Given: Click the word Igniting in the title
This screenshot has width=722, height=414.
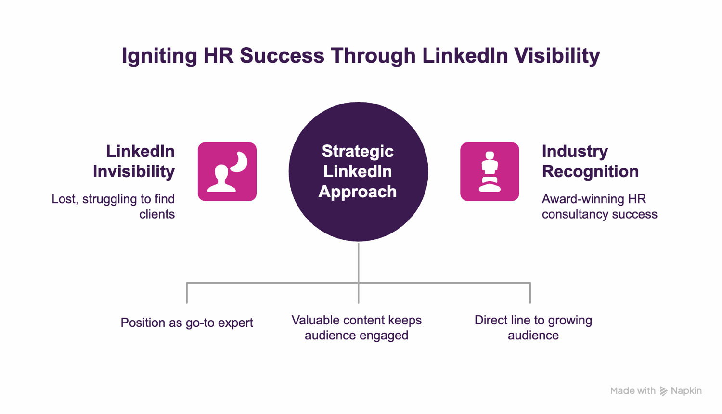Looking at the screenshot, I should pyautogui.click(x=159, y=56).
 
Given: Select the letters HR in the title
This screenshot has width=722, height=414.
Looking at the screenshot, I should pyautogui.click(x=218, y=56).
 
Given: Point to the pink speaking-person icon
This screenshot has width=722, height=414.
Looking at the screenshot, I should pyautogui.click(x=227, y=171).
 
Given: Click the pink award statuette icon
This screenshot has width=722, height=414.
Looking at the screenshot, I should pyautogui.click(x=490, y=171).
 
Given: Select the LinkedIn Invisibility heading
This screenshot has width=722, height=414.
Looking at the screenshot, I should pyautogui.click(x=134, y=161).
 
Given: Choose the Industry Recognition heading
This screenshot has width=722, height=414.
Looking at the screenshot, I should pyautogui.click(x=590, y=161).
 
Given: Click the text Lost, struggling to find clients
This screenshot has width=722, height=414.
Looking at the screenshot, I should pyautogui.click(x=114, y=207).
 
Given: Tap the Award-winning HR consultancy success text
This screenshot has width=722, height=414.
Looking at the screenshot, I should pyautogui.click(x=599, y=207).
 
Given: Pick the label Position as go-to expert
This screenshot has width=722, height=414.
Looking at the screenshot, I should pyautogui.click(x=187, y=323).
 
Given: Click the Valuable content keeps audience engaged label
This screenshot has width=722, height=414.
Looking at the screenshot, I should pyautogui.click(x=357, y=328).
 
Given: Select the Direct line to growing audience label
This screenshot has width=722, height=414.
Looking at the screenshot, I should pyautogui.click(x=533, y=328).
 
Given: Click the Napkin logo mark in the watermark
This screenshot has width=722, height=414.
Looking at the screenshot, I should pyautogui.click(x=664, y=391).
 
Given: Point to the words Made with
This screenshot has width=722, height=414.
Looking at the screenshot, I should pyautogui.click(x=632, y=391).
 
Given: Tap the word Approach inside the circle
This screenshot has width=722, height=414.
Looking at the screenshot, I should pyautogui.click(x=358, y=192).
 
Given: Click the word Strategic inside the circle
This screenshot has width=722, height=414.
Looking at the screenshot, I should pyautogui.click(x=358, y=151).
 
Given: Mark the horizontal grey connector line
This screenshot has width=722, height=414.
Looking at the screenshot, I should pyautogui.click(x=270, y=283).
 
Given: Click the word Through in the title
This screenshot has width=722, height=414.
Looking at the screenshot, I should pyautogui.click(x=373, y=56).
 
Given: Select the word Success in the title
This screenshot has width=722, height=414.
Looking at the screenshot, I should pyautogui.click(x=282, y=56).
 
